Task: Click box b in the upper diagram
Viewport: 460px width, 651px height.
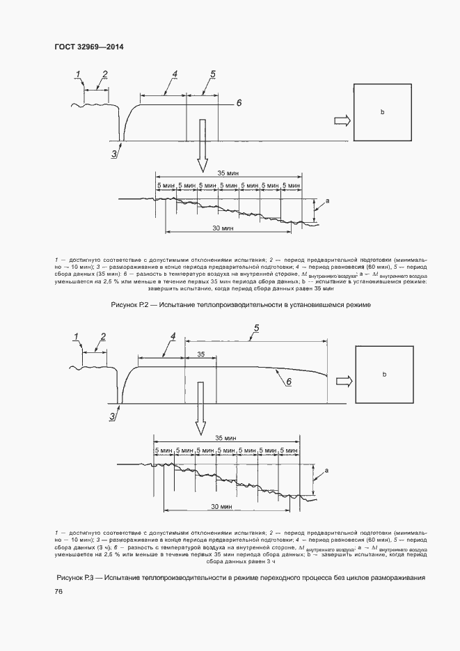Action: pos(382,112)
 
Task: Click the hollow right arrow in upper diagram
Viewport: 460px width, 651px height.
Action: pos(343,120)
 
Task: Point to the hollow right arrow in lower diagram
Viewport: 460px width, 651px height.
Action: pos(343,382)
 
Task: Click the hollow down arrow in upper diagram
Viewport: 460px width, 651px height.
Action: pos(203,145)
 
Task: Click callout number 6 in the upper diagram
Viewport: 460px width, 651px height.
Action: pos(238,102)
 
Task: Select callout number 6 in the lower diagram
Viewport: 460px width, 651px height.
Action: pos(289,382)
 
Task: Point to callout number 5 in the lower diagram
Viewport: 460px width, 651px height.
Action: pos(256,327)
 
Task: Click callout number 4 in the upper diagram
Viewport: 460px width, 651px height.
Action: pos(175,74)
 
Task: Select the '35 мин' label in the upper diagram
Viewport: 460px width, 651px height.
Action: pos(227,172)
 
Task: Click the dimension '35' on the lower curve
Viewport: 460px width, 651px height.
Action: pos(200,354)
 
